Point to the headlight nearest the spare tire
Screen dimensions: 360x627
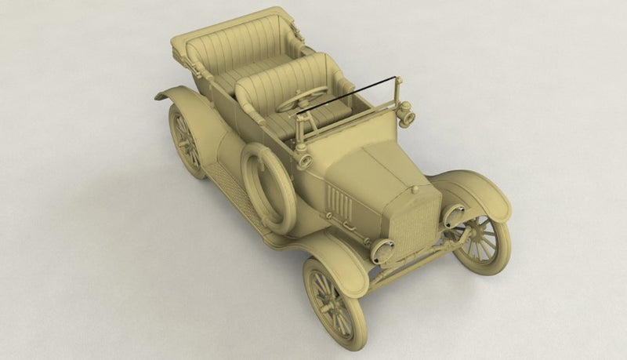point(382,250)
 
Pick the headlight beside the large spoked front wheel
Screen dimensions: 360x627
point(454,216)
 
